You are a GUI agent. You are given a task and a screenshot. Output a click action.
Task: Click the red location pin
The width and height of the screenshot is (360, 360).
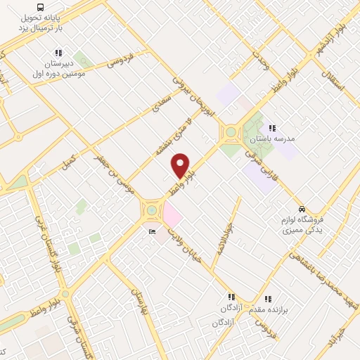pos(181,166)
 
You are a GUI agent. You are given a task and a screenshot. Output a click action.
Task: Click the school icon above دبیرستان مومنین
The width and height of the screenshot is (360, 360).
pos(58,53)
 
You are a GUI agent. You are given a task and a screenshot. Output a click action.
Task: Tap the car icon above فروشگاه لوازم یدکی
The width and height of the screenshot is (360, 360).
pos(301,209)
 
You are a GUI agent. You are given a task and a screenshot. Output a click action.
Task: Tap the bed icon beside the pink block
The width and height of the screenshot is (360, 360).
pos(151,232)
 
